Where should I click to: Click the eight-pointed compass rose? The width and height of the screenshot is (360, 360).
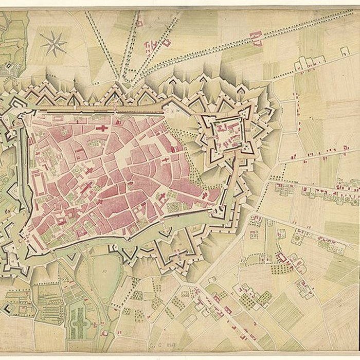click(53, 43)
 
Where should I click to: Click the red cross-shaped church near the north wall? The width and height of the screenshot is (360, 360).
click(102, 127)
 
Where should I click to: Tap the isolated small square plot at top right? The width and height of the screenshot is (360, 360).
click(345, 51)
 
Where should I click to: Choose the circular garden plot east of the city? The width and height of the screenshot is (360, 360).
click(297, 238)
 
